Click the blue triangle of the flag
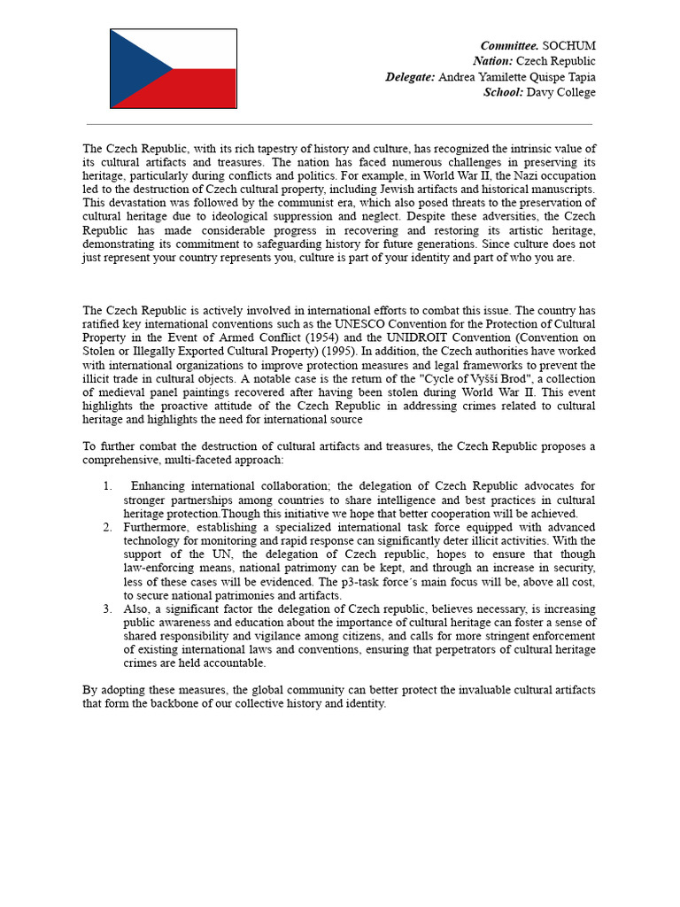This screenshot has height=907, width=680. tap(133, 69)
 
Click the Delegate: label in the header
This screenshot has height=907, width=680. tap(410, 77)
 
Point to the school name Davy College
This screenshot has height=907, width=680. tap(561, 92)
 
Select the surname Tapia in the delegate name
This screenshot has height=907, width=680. tap(579, 77)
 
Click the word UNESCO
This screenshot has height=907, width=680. tap(359, 323)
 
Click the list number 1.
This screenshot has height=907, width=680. tap(107, 486)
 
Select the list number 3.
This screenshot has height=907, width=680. tap(107, 609)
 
